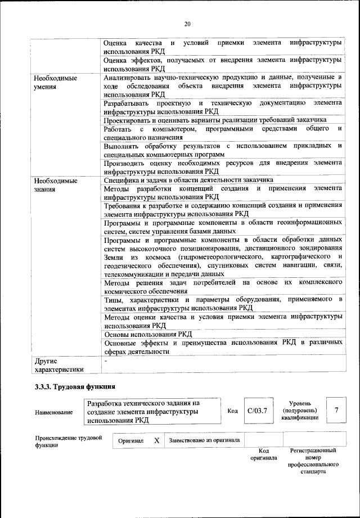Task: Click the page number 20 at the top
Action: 187,23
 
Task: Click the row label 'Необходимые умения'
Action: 56,82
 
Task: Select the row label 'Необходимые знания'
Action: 56,185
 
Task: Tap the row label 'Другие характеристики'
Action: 59,364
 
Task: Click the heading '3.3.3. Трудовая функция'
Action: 75,386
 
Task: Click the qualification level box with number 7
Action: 336,411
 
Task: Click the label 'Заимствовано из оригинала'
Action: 205,440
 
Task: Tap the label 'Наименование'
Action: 54,413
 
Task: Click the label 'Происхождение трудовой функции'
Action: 68,442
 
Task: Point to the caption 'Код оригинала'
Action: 264,454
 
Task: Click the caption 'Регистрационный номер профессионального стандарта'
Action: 313,461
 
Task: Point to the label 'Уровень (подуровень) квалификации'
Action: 305,411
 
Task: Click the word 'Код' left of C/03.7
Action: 232,411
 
